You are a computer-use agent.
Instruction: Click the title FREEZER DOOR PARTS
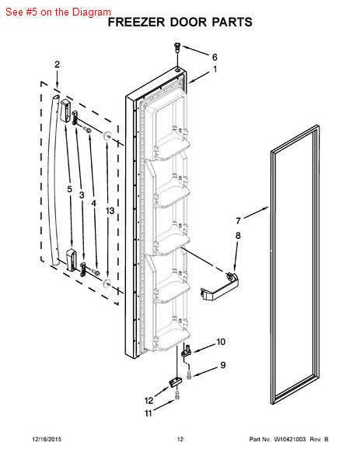coord(179,23)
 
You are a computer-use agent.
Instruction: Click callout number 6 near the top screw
coord(215,57)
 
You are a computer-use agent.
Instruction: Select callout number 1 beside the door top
coord(215,70)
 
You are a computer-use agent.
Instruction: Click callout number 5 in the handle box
coord(68,189)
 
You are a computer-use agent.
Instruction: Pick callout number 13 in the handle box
coord(110,211)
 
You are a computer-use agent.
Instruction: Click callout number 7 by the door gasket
coord(239,220)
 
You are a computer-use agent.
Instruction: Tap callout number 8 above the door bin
coord(238,235)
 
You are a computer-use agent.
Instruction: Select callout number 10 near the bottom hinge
coord(221,342)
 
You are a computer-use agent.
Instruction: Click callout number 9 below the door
coord(222,365)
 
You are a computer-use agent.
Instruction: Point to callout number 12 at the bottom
coord(149,402)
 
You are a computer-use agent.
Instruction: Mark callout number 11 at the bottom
coord(149,414)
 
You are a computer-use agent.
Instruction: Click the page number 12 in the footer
coord(180,440)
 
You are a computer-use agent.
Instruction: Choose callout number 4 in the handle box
coord(94,203)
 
